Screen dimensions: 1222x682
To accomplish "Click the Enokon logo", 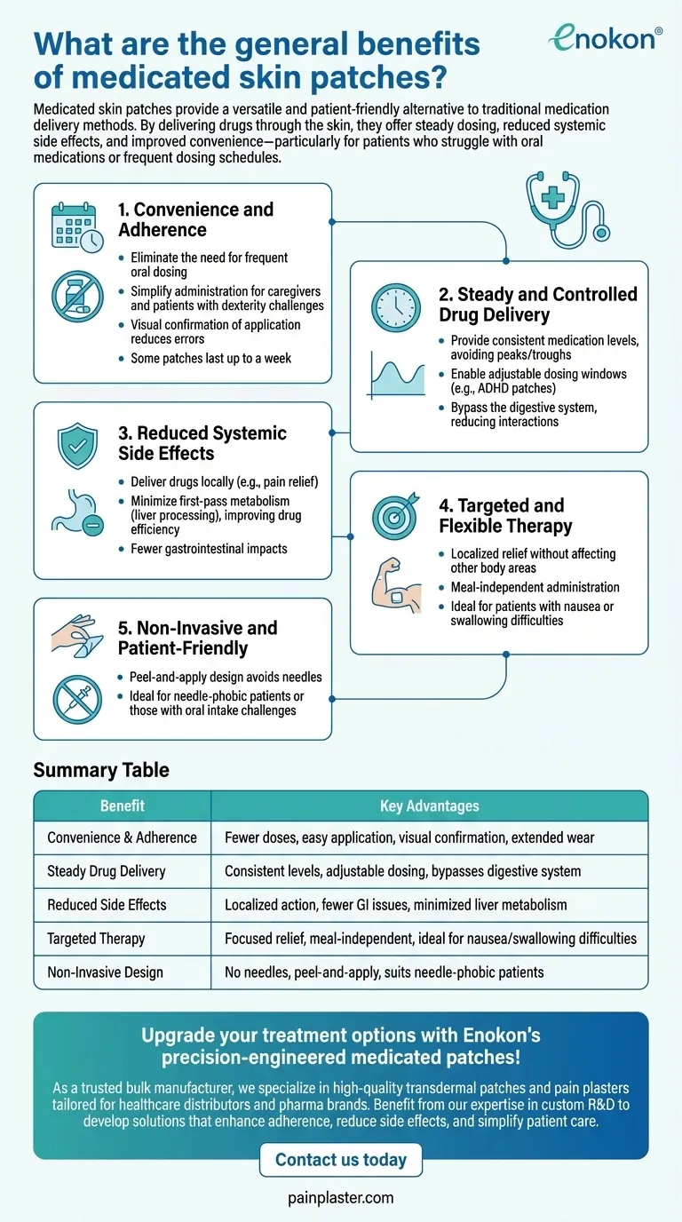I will (x=606, y=36).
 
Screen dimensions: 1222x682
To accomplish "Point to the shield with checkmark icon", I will (x=77, y=447).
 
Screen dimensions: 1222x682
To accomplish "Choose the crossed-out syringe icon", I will (x=77, y=700).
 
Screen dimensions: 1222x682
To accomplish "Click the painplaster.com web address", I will (x=341, y=1198).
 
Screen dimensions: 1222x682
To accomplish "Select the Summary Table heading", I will (x=101, y=770).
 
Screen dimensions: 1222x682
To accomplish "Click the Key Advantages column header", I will (x=429, y=806).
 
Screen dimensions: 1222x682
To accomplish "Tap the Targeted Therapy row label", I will (x=96, y=938).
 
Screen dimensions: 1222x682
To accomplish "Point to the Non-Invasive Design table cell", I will (x=105, y=972).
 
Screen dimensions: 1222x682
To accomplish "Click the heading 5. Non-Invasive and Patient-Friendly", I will (x=197, y=638).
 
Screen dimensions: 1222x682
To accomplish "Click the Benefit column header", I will (x=123, y=806).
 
